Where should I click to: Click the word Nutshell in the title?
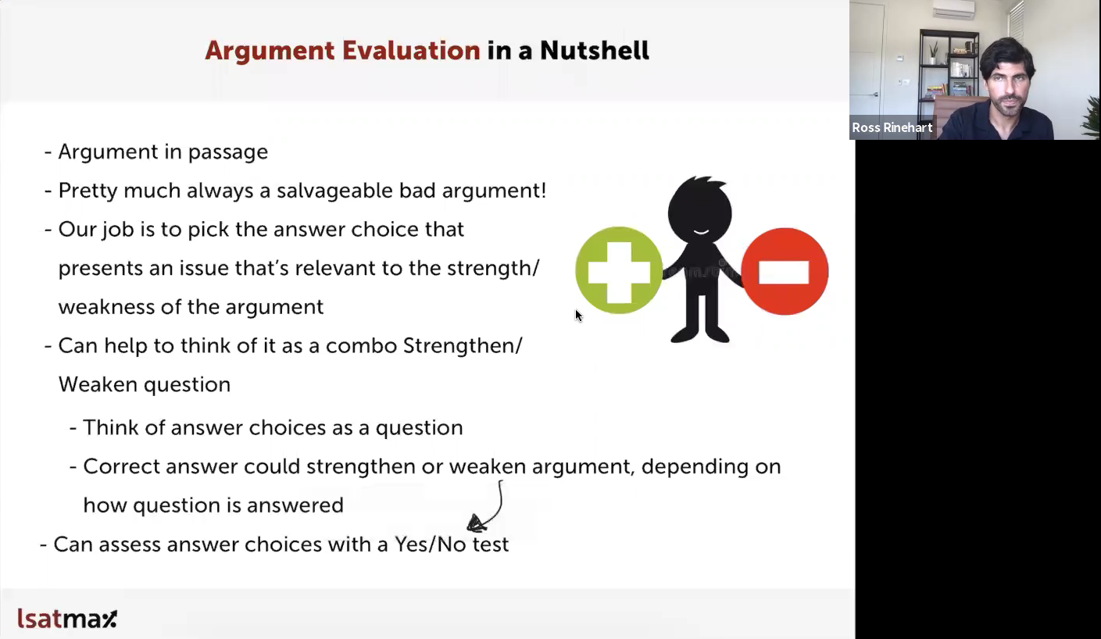pos(594,50)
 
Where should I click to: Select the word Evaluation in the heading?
pos(411,50)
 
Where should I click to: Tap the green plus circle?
pos(619,270)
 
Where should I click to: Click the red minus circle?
pos(785,271)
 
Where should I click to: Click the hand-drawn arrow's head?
pos(477,523)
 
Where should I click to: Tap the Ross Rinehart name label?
pos(892,127)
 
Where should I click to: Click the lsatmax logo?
pos(67,618)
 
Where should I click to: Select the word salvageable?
pos(334,191)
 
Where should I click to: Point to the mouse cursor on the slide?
pos(578,316)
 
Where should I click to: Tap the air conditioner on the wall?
pos(954,9)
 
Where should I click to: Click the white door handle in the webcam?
pos(874,94)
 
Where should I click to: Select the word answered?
pos(295,505)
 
